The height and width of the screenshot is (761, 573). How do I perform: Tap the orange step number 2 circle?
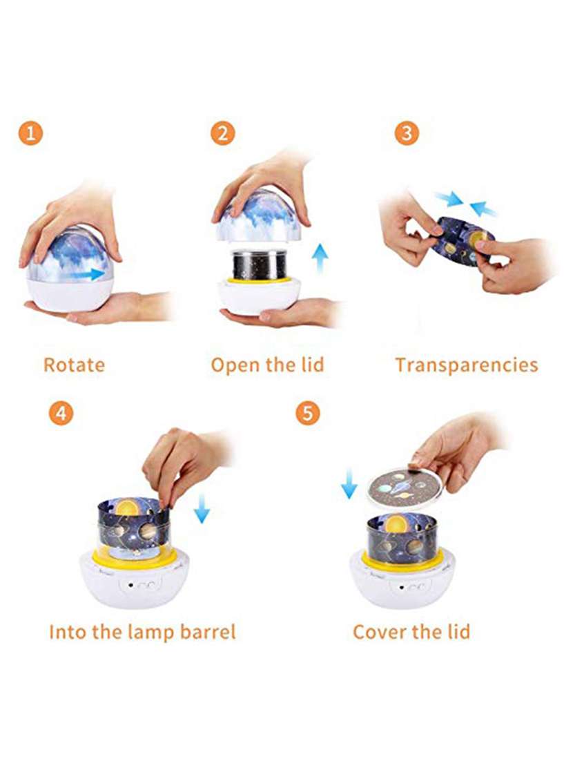point(222,133)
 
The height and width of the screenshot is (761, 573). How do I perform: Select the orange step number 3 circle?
point(406,133)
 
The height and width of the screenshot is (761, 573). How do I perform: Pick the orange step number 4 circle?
point(61,414)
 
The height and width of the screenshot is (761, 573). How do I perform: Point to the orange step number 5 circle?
point(308,414)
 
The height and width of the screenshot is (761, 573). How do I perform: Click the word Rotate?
point(74,365)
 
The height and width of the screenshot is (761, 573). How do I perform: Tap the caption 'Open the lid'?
point(267,365)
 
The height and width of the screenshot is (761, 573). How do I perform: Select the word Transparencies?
point(466,365)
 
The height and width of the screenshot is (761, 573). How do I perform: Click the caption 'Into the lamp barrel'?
point(142,631)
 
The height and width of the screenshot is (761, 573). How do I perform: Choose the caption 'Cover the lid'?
point(411,631)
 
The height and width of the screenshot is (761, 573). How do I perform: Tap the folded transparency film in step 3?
point(462,240)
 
